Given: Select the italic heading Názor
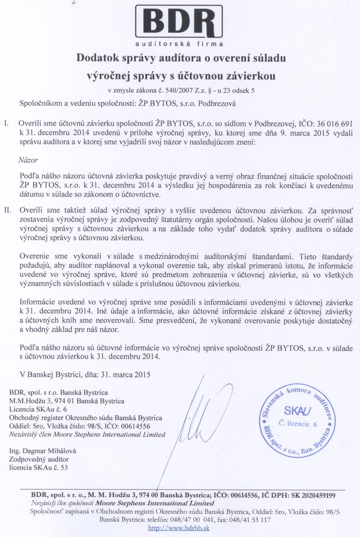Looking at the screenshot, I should tap(28, 160).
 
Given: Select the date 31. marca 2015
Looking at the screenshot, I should tap(125, 375).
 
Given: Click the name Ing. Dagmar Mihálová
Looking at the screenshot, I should tap(42, 451).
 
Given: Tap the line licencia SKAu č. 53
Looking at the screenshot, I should tap(38, 467).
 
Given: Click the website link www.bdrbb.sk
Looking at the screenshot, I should tap(179, 528).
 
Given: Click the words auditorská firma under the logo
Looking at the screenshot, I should tap(180, 44).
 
